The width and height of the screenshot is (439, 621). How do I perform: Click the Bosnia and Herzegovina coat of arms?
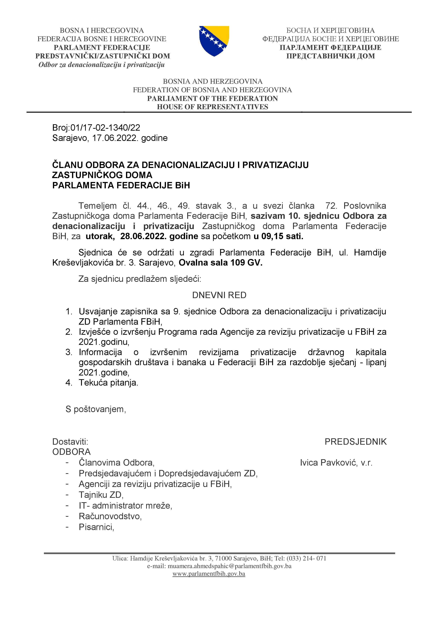[214, 41]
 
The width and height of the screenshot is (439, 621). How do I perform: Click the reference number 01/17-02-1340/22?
[105, 127]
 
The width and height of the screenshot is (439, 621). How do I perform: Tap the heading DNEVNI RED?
[219, 295]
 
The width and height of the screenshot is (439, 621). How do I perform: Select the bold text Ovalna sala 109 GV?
[221, 263]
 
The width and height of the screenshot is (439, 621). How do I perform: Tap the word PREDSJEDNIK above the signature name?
[355, 442]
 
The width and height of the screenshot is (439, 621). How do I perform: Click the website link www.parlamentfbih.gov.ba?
[209, 574]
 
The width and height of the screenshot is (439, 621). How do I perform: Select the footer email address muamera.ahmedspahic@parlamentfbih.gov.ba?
[229, 566]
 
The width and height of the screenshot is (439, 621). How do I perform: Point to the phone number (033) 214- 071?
[306, 558]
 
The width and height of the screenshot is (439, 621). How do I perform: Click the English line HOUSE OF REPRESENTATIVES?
[213, 107]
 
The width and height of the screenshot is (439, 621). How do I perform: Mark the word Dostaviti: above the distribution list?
[70, 442]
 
